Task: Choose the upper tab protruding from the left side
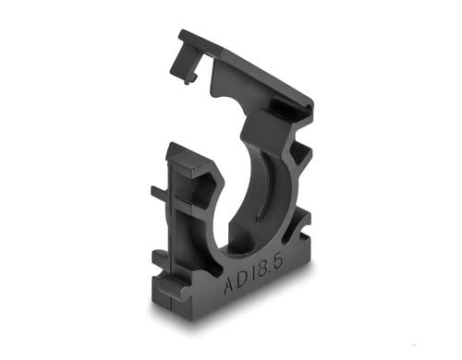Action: click(160, 195)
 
